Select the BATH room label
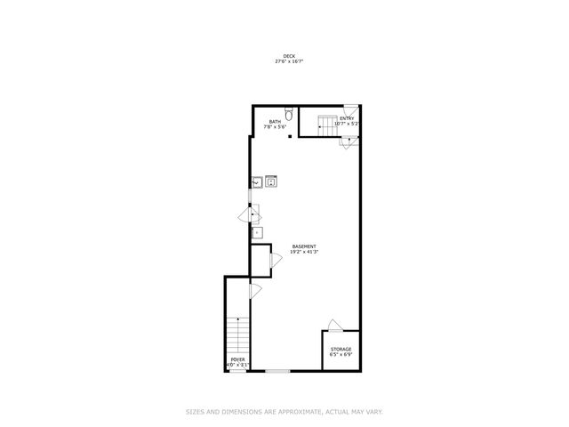(275, 122)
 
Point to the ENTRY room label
(346, 118)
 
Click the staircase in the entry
(326, 127)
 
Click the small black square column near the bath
(290, 138)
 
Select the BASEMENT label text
(303, 246)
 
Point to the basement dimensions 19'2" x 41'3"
(303, 252)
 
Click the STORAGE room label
(341, 349)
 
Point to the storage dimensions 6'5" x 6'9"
(341, 354)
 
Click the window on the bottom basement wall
(278, 370)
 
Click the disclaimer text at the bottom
(284, 411)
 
